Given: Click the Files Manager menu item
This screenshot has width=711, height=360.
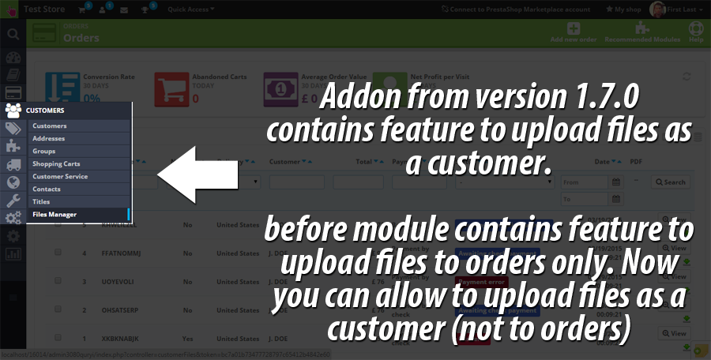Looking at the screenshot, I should point(55,214).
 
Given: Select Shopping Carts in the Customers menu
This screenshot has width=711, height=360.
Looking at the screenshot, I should point(56,163).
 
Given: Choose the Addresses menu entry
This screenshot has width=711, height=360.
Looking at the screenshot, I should point(49,138).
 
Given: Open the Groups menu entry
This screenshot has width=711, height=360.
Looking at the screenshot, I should point(44,151).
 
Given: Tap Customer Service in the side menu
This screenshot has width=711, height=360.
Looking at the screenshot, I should point(60,176).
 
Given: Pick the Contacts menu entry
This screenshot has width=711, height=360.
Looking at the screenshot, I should point(47,189).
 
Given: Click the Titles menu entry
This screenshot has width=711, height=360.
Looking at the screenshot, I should point(42,201).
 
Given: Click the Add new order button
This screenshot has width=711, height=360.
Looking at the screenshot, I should point(574,32).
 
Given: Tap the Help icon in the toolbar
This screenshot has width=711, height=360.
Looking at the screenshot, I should point(696,32).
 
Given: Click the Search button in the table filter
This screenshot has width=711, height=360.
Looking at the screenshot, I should point(671,182).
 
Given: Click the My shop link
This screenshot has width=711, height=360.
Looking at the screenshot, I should point(624,9).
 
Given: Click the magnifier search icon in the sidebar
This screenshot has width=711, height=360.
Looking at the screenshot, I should point(13,34).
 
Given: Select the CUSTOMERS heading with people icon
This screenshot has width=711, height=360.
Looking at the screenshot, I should point(39,111).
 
